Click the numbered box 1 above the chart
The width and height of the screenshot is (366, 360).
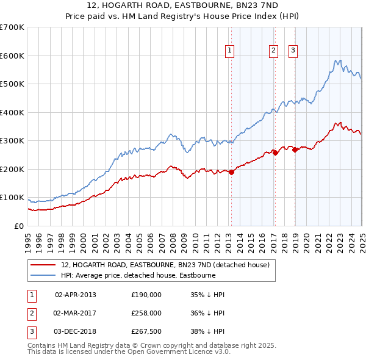(x=230, y=51)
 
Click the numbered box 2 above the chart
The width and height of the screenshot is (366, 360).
(x=273, y=51)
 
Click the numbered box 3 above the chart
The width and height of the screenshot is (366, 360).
(x=293, y=51)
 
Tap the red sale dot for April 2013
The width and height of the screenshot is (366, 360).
(x=231, y=172)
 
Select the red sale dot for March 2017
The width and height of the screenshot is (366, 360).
(x=275, y=153)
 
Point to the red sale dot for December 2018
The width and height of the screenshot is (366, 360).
(x=295, y=149)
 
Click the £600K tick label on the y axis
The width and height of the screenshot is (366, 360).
(x=12, y=56)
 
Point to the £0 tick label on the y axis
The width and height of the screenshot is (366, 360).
(x=20, y=226)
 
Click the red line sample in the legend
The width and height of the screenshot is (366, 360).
(x=43, y=265)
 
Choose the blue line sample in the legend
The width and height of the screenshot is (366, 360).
(x=43, y=275)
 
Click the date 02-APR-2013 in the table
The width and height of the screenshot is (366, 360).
(x=76, y=295)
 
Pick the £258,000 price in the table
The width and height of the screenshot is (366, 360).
(x=146, y=313)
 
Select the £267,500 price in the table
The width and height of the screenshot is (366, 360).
(x=146, y=331)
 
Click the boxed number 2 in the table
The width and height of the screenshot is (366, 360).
(x=31, y=313)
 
